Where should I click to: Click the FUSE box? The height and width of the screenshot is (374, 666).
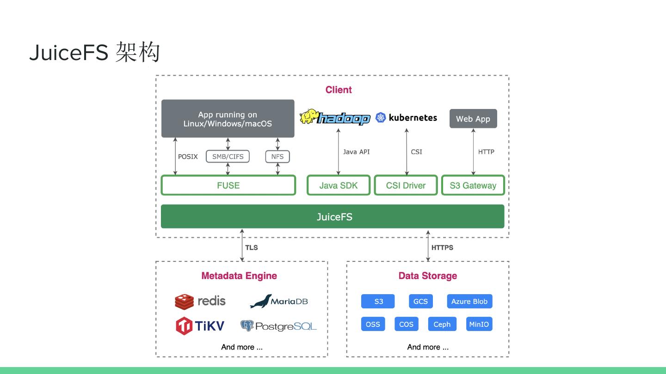click(x=228, y=185)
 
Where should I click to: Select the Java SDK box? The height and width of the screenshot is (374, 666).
click(x=339, y=185)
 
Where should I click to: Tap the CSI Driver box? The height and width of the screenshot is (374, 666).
click(x=406, y=185)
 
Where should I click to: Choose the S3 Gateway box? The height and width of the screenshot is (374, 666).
click(x=473, y=185)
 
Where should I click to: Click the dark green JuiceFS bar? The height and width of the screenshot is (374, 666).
click(x=333, y=217)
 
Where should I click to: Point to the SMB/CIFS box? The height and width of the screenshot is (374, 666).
click(x=228, y=157)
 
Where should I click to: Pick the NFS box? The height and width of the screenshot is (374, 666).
click(x=277, y=157)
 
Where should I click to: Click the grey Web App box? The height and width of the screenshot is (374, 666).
click(x=473, y=119)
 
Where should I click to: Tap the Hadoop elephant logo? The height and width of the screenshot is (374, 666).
click(x=308, y=116)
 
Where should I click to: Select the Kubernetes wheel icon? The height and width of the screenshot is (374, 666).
click(x=381, y=118)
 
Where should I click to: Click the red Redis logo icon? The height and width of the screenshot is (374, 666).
click(x=184, y=302)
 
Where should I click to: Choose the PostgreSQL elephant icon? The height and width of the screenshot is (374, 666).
click(x=247, y=326)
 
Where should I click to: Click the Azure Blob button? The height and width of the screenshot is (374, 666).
click(x=469, y=302)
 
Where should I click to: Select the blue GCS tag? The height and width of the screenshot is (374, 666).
click(x=420, y=302)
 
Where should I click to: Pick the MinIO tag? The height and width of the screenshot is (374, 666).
click(x=479, y=324)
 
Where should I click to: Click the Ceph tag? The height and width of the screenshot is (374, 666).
click(x=442, y=324)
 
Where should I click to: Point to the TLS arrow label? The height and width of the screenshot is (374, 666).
click(x=251, y=247)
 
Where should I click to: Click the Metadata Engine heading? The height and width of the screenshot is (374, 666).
click(x=239, y=276)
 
